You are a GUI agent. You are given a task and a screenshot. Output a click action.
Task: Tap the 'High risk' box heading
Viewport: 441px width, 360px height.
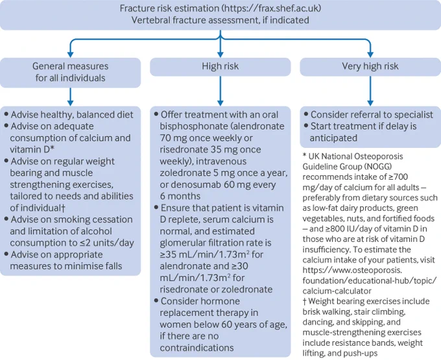(220, 66)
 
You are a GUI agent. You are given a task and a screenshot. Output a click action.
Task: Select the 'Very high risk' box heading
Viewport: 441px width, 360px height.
(370, 66)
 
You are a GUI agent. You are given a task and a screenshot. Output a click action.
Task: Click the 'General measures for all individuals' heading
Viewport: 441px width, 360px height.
(70, 72)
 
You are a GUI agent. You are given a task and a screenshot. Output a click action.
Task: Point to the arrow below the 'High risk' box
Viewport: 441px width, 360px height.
(220, 91)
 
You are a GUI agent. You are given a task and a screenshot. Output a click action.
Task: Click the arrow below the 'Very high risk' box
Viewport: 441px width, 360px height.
(370, 91)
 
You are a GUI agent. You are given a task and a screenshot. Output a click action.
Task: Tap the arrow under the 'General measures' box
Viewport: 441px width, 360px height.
(70, 97)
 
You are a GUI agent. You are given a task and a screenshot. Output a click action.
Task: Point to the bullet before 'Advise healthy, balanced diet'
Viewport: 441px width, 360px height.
(6, 114)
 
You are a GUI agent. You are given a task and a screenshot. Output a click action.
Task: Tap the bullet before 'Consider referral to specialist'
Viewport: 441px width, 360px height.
(306, 114)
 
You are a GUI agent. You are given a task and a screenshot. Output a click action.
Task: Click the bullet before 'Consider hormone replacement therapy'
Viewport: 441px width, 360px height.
(156, 301)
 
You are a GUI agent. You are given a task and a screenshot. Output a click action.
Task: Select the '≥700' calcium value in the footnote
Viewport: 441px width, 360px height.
(398, 177)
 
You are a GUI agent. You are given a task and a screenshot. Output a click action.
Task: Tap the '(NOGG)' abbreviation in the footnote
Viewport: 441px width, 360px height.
(377, 167)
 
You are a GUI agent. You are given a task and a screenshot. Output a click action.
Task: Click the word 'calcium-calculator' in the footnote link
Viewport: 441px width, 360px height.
(337, 291)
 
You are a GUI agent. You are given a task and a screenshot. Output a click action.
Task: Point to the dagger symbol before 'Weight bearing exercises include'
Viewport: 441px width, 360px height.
(305, 301)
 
